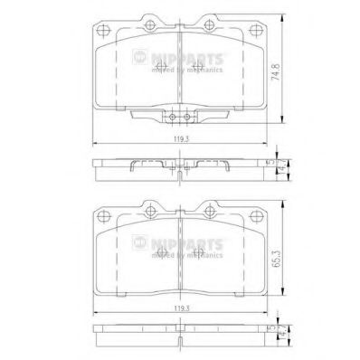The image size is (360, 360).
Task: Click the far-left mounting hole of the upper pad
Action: coord(101,31)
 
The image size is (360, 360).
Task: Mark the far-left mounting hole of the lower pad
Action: coord(101,215)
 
